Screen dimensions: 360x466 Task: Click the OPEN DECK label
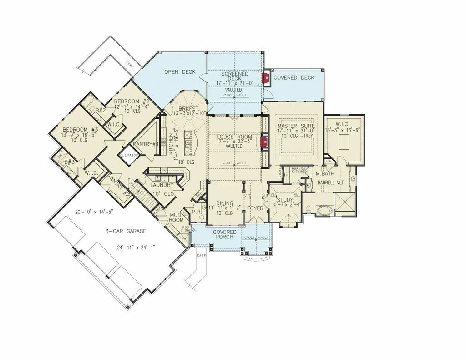pyautogui.click(x=180, y=72)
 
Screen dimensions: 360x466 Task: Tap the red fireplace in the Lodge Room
pyautogui.click(x=263, y=142)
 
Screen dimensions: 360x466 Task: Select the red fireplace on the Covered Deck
pyautogui.click(x=266, y=79)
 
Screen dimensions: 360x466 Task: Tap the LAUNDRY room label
pyautogui.click(x=162, y=186)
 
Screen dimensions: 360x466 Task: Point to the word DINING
pyautogui.click(x=225, y=203)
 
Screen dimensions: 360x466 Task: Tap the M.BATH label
pyautogui.click(x=326, y=174)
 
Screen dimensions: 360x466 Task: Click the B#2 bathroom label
pyautogui.click(x=101, y=110)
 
